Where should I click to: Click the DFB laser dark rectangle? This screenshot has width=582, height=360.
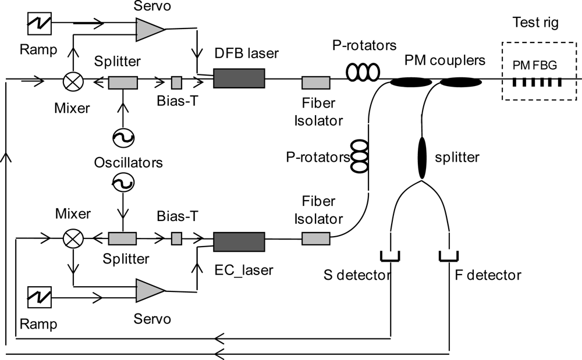click(239, 78)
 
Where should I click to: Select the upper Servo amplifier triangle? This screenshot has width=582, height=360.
click(148, 27)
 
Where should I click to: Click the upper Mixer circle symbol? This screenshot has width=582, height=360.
click(72, 82)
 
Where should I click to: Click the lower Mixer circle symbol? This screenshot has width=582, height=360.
click(73, 238)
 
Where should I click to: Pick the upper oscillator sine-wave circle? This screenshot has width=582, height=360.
click(123, 138)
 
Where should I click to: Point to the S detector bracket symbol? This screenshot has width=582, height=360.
click(390, 256)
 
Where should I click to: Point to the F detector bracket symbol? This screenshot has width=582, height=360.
click(449, 256)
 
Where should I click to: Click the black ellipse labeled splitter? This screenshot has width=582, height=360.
click(423, 158)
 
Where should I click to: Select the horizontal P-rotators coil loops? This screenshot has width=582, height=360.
click(363, 72)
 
